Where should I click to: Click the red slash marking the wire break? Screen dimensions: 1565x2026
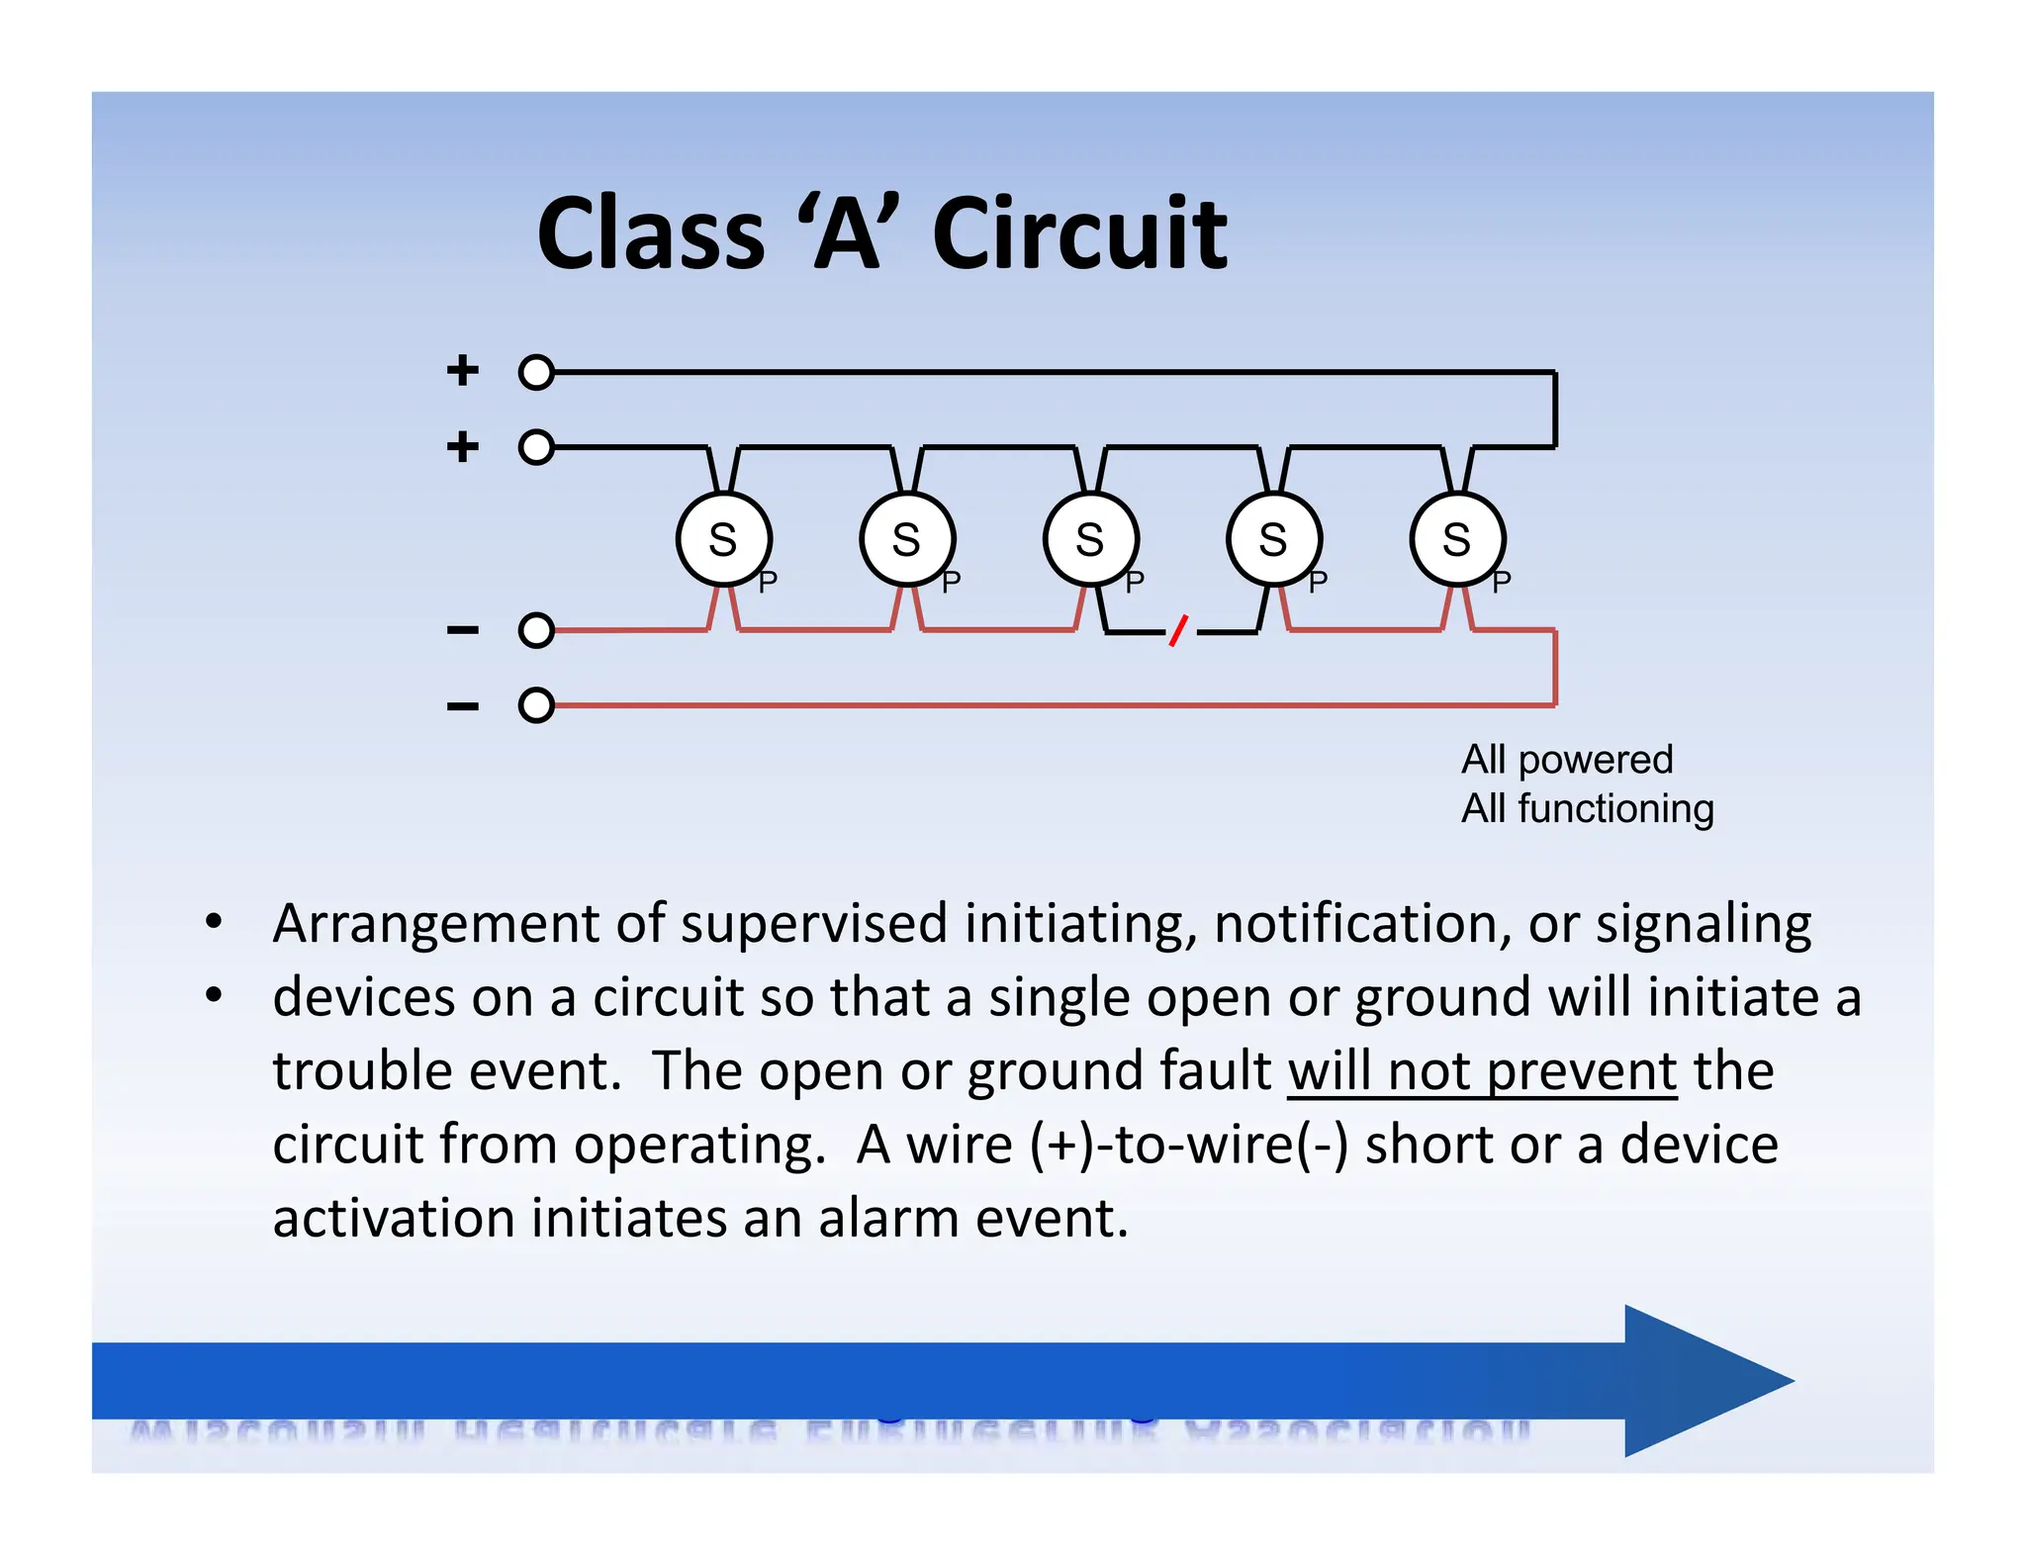click(x=1178, y=630)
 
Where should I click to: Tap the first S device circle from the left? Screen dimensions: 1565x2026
click(x=724, y=540)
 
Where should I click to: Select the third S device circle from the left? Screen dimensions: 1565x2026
click(x=1090, y=540)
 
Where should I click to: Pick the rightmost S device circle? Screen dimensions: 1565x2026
click(x=1457, y=540)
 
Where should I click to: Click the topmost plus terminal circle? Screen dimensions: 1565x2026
click(x=536, y=373)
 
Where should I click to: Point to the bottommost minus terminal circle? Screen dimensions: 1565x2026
click(x=536, y=705)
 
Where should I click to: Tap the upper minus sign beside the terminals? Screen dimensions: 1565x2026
click(x=463, y=630)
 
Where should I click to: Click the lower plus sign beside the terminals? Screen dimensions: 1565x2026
click(x=463, y=447)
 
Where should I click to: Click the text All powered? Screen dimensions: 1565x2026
click(x=1567, y=760)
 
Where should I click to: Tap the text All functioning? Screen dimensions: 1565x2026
click(x=1587, y=809)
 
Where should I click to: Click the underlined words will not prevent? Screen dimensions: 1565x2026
click(x=1482, y=1071)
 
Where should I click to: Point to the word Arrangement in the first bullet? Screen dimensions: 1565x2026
click(x=435, y=924)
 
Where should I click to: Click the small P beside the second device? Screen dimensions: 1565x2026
click(x=952, y=583)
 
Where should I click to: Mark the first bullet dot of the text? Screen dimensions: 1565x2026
click(x=214, y=923)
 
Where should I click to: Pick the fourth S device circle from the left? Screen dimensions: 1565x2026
click(x=1274, y=540)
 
